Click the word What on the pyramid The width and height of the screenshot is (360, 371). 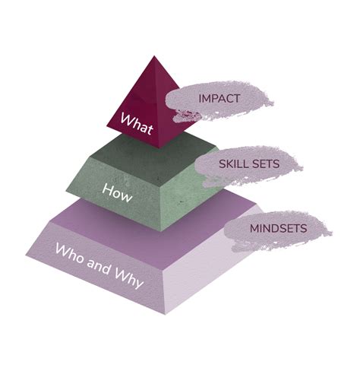point(137,124)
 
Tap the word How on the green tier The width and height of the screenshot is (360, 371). point(117,193)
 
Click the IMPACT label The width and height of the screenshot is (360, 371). point(219,99)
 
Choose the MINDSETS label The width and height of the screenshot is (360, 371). point(278,229)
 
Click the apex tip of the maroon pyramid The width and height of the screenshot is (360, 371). point(154,56)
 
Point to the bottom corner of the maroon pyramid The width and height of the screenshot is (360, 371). point(159,148)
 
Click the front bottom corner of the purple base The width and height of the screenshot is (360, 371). point(166,315)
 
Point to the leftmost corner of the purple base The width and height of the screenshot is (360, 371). point(26,255)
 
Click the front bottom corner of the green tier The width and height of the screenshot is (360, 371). point(161,231)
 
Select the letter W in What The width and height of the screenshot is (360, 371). point(127,119)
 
